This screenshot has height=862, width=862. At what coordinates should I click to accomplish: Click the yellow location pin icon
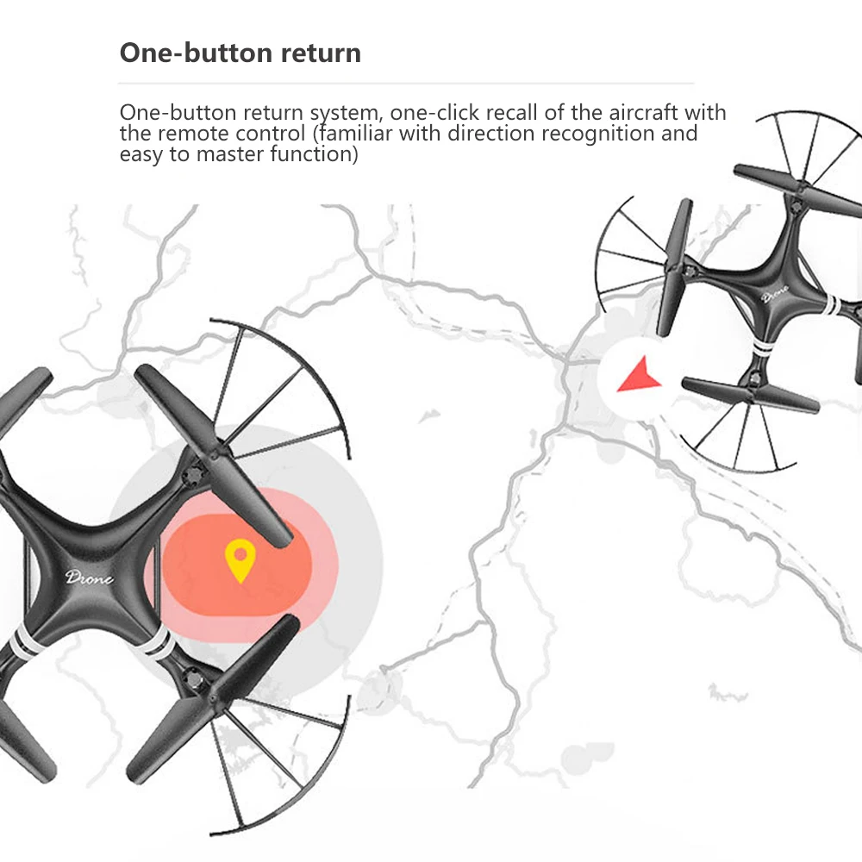(x=240, y=560)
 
